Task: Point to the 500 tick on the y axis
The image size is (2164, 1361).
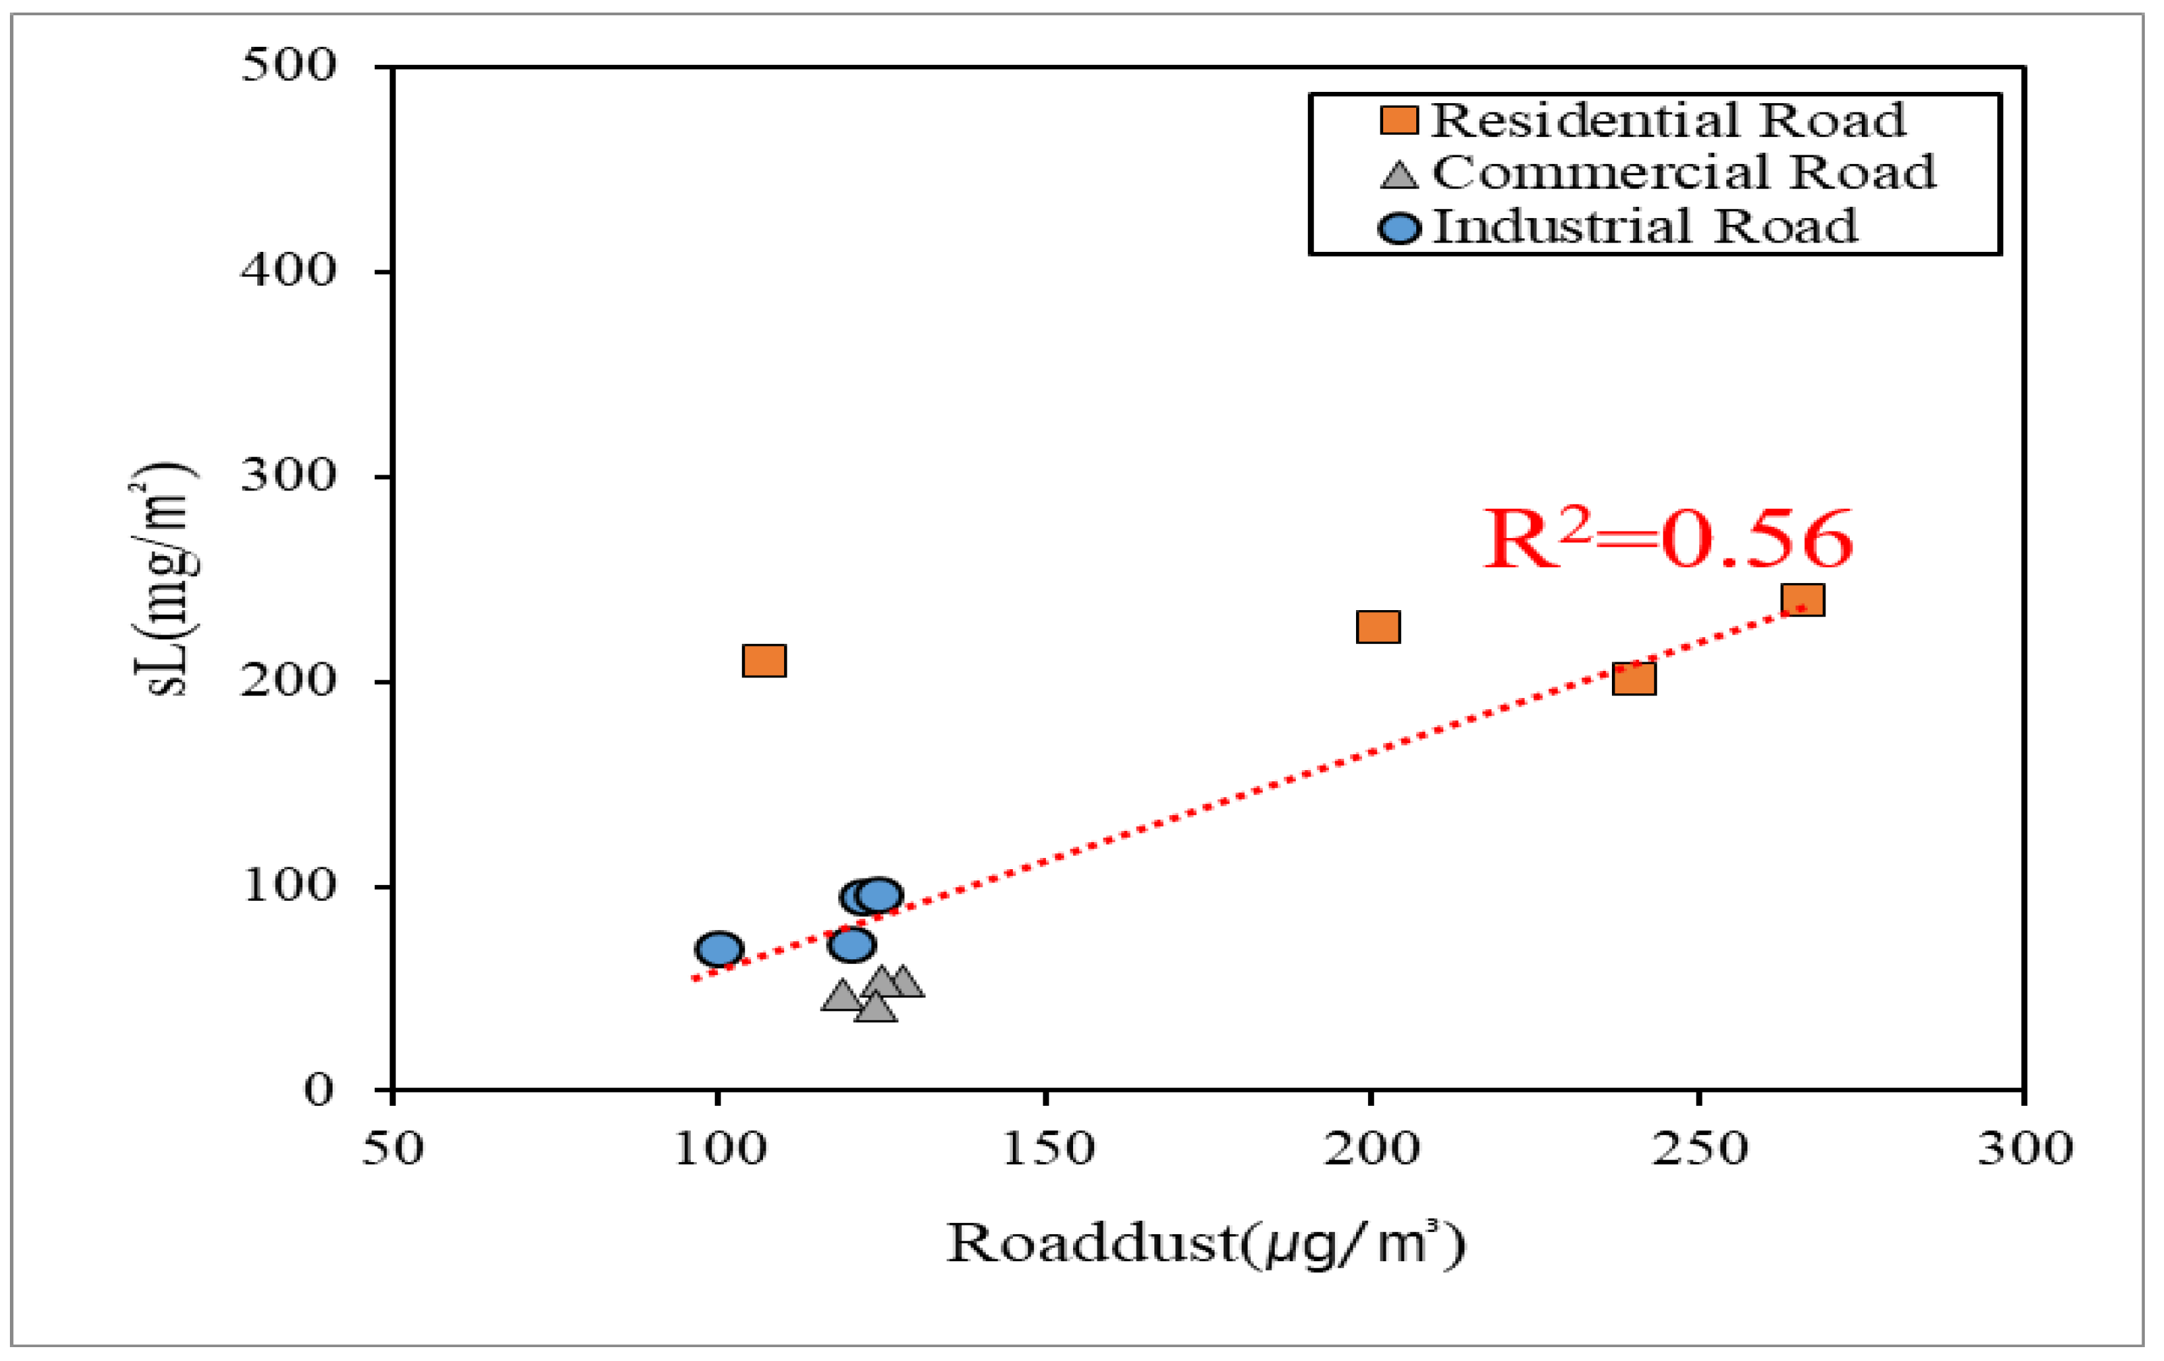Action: click(288, 65)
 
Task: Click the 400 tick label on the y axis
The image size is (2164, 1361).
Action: click(288, 270)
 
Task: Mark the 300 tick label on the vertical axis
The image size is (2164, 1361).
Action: click(288, 475)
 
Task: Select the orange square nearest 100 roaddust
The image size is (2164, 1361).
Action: click(765, 661)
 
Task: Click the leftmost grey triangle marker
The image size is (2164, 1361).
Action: click(841, 995)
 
